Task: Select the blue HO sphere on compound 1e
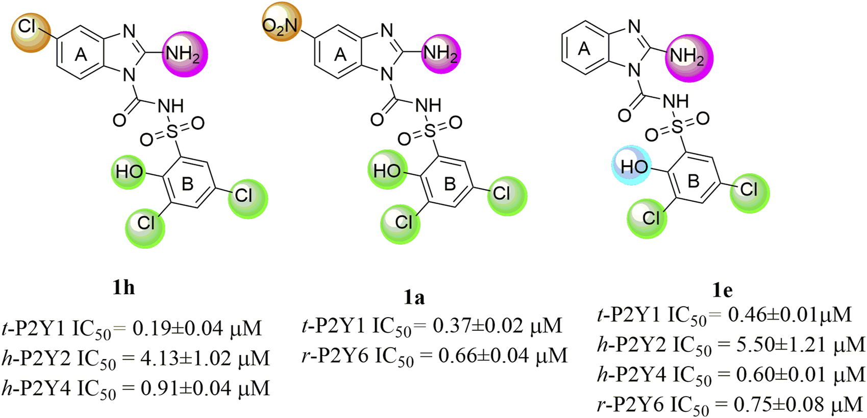[632, 165]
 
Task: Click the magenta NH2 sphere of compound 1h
[184, 54]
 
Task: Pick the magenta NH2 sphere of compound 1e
[688, 57]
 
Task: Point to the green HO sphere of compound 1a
[387, 170]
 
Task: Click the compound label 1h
[123, 288]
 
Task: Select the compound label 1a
[414, 297]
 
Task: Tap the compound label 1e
[722, 290]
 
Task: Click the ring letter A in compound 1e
[584, 49]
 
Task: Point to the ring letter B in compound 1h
[187, 184]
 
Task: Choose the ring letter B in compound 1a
[450, 184]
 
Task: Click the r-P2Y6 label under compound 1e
[631, 405]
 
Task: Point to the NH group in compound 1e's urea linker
[676, 101]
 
